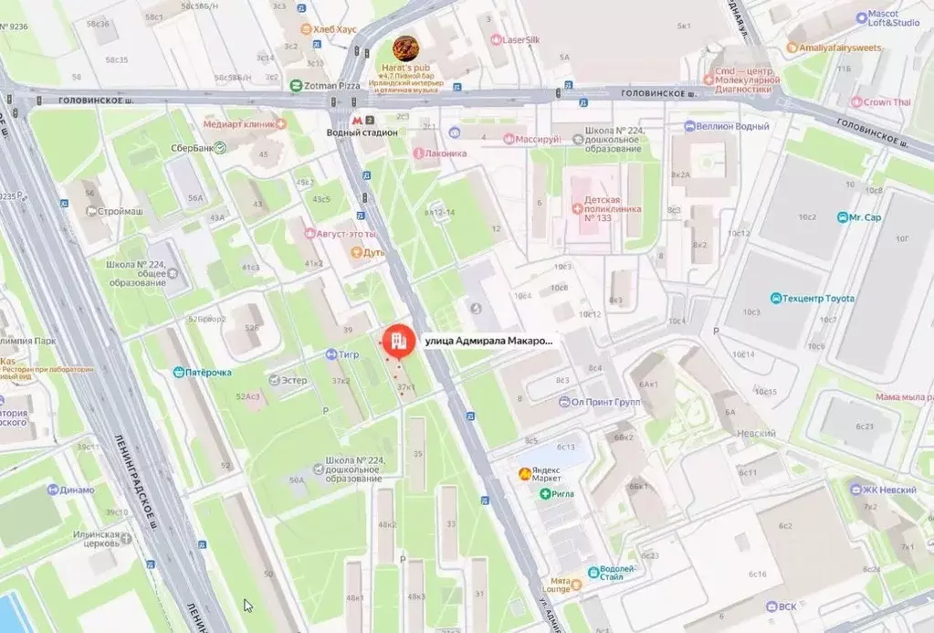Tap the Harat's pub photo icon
pyautogui.click(x=406, y=49)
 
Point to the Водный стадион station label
pyautogui.click(x=362, y=132)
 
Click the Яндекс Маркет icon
pyautogui.click(x=524, y=473)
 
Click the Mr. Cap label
pyautogui.click(x=865, y=217)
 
